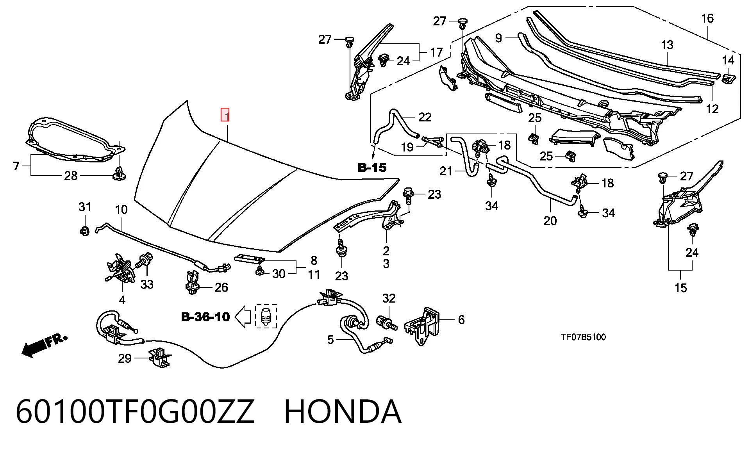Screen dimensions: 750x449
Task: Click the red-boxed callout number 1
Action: pos(225,115)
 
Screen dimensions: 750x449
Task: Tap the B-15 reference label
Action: pos(372,167)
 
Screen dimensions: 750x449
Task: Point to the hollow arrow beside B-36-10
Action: pos(243,317)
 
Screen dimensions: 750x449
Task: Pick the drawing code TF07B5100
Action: pos(583,337)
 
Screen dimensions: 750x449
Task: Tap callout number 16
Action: pos(707,18)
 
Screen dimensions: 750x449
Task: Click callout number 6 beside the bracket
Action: pos(461,320)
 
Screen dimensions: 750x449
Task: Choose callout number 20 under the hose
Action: pos(550,221)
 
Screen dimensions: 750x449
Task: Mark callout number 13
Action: pos(667,45)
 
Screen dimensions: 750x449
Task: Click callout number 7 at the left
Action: pos(16,166)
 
